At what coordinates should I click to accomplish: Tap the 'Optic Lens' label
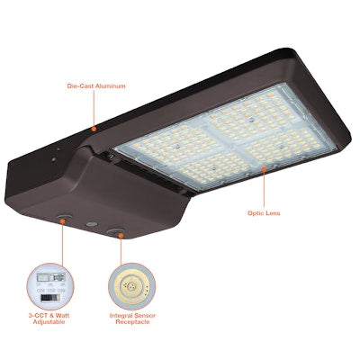(265, 213)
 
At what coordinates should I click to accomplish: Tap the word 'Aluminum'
(111, 86)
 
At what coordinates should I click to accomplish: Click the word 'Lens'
(275, 213)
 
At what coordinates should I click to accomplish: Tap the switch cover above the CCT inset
(64, 218)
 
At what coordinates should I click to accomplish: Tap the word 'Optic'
(256, 213)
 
